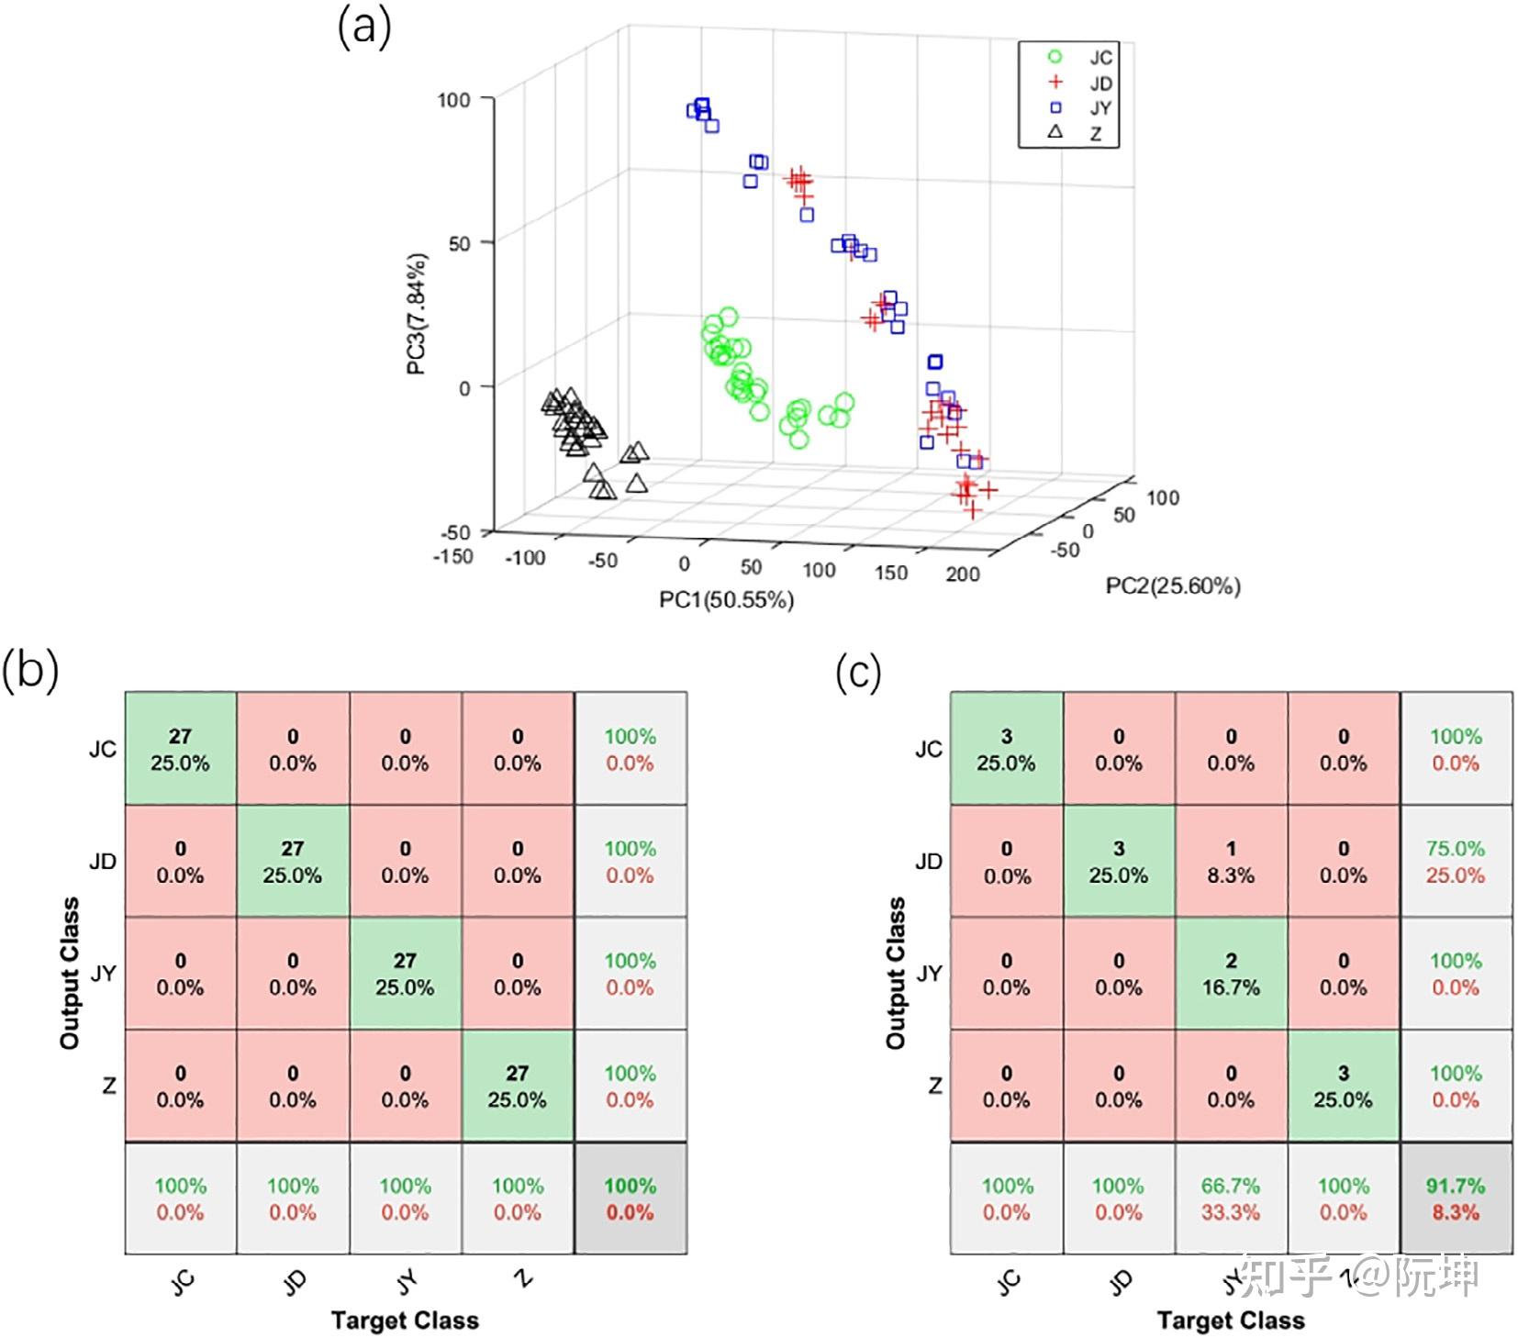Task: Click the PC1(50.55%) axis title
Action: click(726, 599)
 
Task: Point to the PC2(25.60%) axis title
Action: click(1172, 585)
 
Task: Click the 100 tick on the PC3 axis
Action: click(454, 99)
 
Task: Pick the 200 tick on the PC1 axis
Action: click(962, 574)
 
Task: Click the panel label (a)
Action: click(364, 28)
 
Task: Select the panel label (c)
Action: click(858, 673)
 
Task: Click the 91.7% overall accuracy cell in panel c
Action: click(1455, 1198)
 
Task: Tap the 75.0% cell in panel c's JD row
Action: click(1455, 861)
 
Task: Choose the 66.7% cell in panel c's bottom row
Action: click(1230, 1198)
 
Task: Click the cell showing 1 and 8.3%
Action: click(1230, 861)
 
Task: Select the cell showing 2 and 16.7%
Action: click(1230, 973)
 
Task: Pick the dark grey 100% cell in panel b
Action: click(630, 1198)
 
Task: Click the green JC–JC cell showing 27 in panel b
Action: click(180, 749)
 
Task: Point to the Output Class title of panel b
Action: click(70, 973)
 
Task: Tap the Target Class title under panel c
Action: click(1230, 1320)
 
